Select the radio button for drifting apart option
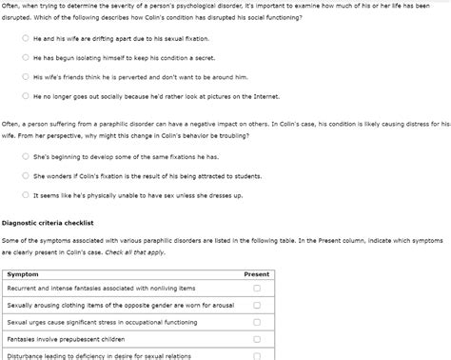[x=25, y=38]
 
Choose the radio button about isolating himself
[x=25, y=57]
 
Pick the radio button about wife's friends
[x=25, y=76]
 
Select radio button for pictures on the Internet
[x=25, y=95]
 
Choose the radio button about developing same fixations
[x=25, y=156]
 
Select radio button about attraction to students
[x=25, y=175]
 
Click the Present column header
[x=256, y=273]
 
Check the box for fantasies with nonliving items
[x=256, y=289]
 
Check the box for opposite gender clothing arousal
[x=256, y=306]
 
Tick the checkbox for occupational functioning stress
[x=256, y=323]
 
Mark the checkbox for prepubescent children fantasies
[x=256, y=339]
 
